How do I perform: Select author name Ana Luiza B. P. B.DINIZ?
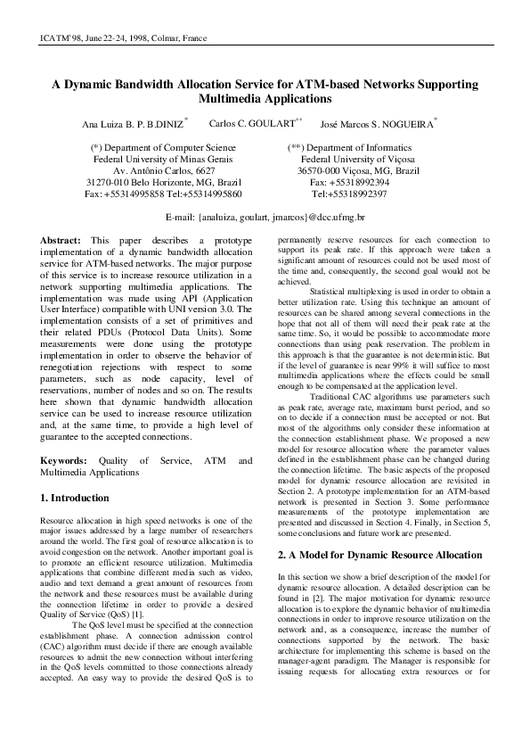click(x=134, y=123)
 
